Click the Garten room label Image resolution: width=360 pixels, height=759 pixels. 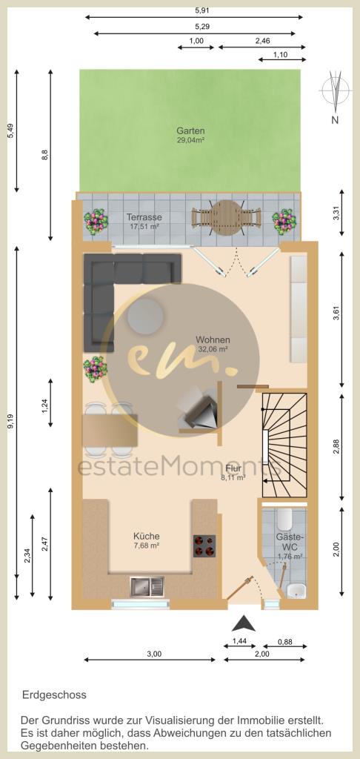[x=190, y=130]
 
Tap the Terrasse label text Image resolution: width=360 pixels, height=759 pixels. [x=144, y=217]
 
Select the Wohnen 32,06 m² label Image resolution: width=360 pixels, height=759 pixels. [x=213, y=343]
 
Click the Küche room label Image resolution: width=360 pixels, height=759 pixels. [x=147, y=537]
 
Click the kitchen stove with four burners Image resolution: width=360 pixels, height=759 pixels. [x=204, y=546]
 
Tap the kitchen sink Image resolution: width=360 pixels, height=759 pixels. [x=147, y=587]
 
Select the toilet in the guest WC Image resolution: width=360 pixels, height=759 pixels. [x=284, y=520]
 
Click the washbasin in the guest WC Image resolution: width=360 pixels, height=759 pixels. [x=296, y=591]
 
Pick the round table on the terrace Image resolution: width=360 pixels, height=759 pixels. [x=227, y=217]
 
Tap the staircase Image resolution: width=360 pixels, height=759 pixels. [x=284, y=445]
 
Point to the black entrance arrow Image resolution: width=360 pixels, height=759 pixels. [x=244, y=623]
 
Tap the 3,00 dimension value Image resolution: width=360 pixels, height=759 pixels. [x=153, y=654]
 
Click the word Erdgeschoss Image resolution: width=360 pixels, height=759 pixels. [x=54, y=695]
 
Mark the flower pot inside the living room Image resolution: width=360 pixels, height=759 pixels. [x=96, y=369]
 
